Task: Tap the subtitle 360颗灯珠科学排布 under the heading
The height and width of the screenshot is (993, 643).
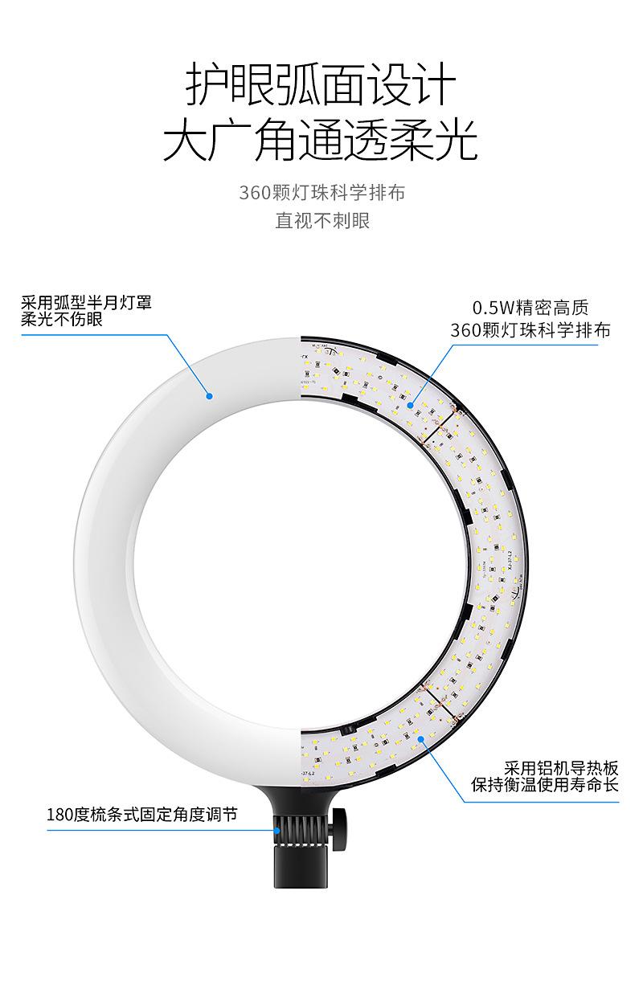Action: [321, 193]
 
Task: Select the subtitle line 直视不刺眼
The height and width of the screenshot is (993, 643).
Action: [322, 221]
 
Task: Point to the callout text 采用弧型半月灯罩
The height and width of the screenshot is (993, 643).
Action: [86, 303]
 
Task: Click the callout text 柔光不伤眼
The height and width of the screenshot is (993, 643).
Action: [62, 319]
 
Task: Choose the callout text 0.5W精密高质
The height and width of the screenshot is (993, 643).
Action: [530, 308]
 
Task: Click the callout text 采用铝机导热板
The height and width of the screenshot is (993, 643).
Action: [562, 768]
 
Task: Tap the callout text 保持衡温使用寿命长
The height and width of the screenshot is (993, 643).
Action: [546, 785]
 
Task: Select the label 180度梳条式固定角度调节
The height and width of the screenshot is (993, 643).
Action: [142, 815]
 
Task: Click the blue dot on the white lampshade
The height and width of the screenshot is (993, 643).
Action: [209, 395]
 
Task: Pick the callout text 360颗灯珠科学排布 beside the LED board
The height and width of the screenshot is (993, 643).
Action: [530, 330]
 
